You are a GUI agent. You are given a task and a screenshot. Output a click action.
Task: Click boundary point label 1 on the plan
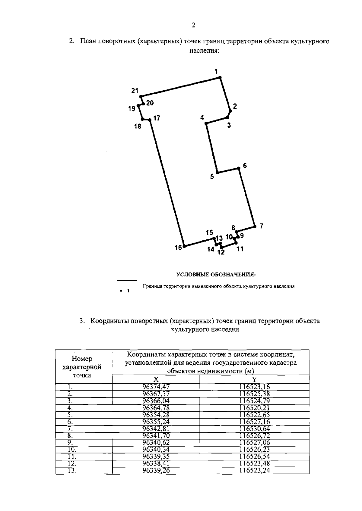[x=216, y=71]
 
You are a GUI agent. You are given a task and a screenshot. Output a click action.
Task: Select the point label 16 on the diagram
[x=178, y=248]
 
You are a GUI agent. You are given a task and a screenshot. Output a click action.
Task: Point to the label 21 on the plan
[x=135, y=90]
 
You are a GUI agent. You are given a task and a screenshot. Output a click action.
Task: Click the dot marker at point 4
[x=206, y=123]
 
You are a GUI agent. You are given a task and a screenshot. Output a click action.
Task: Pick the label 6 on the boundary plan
[x=245, y=166]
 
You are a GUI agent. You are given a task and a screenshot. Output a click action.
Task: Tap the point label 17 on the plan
[x=157, y=118]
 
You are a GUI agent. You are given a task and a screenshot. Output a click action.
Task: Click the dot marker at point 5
[x=218, y=173]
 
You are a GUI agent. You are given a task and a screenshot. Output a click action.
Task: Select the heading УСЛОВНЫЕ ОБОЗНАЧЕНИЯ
[x=216, y=274]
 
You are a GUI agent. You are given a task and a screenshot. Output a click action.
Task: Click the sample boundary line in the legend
[x=127, y=280]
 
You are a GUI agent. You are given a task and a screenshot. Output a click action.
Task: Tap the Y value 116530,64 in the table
[x=255, y=429]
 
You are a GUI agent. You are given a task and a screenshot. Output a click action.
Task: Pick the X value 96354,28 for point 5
[x=156, y=415]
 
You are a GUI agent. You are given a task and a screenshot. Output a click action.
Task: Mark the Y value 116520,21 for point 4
[x=255, y=408]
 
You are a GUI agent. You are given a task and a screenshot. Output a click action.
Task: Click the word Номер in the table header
[x=82, y=359]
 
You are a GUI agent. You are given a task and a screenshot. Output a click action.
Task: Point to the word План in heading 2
[x=87, y=41]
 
